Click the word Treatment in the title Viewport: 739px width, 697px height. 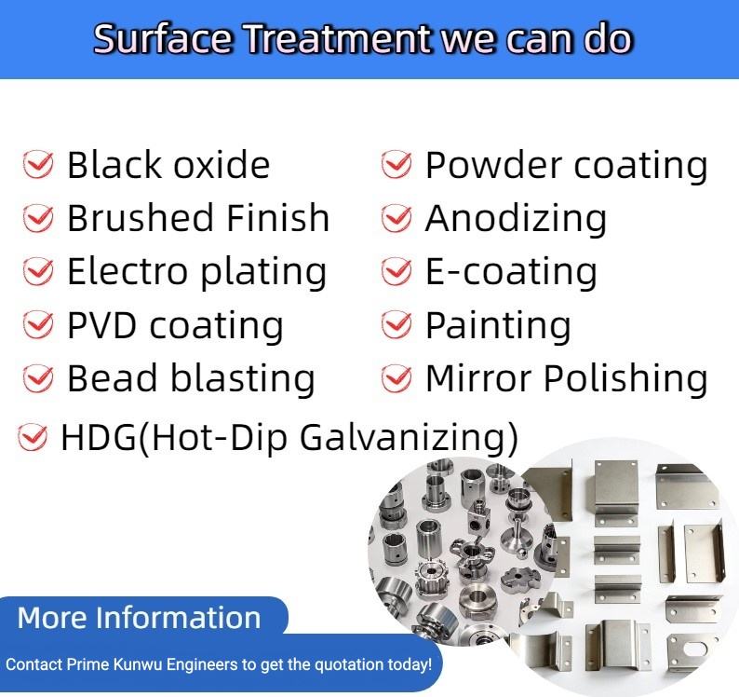pos(338,39)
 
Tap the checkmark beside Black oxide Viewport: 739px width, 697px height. pos(38,164)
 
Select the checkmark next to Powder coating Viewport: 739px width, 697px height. pos(396,164)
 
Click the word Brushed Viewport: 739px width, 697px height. pos(141,217)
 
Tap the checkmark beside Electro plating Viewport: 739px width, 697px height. pos(38,271)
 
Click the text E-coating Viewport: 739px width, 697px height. pos(511,273)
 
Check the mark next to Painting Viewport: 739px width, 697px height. pos(396,324)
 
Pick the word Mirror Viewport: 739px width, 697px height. pos(480,378)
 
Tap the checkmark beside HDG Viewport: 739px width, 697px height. pos(32,436)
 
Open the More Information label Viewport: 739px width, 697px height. pos(139,618)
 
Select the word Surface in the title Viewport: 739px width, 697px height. pos(163,39)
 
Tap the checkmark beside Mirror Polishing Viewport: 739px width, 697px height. pos(396,378)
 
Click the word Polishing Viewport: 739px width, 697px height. pos(625,380)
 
